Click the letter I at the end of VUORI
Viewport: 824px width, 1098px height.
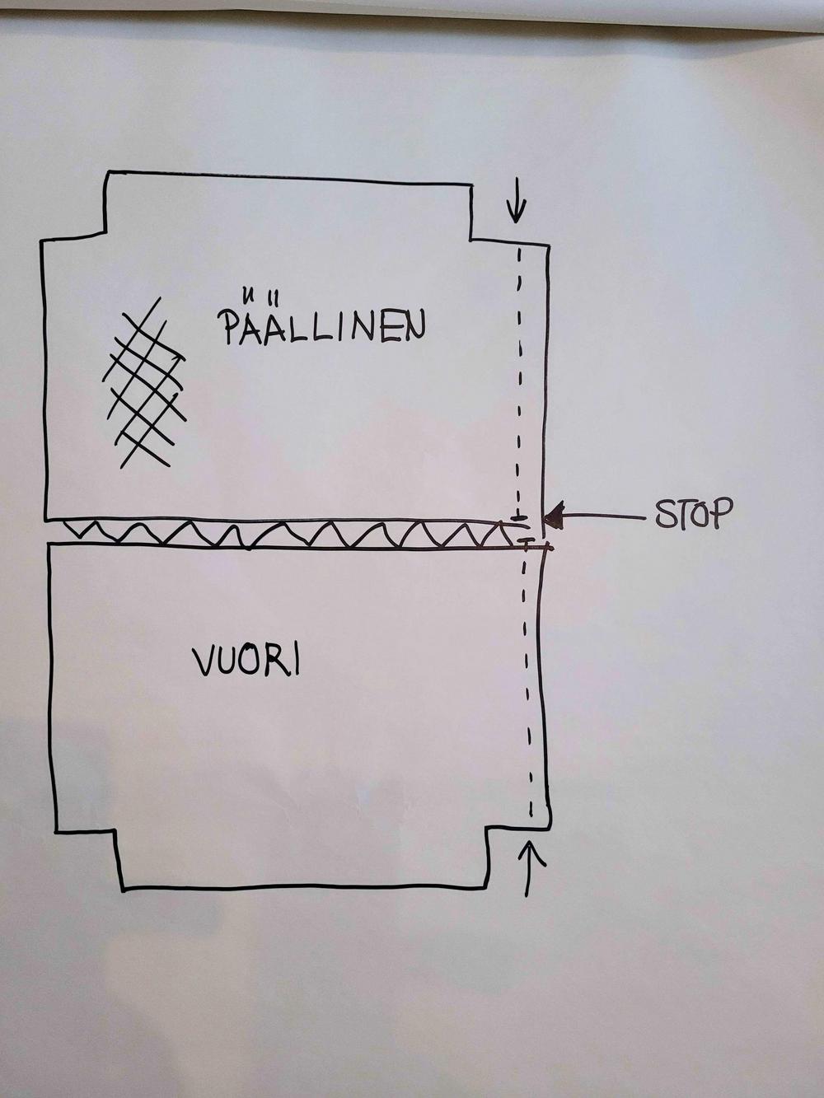pyautogui.click(x=294, y=661)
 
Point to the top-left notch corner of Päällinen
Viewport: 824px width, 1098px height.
pyautogui.click(x=107, y=237)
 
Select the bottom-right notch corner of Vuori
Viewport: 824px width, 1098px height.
pyautogui.click(x=489, y=827)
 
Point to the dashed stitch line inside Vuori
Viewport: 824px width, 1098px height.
pyautogui.click(x=529, y=684)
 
